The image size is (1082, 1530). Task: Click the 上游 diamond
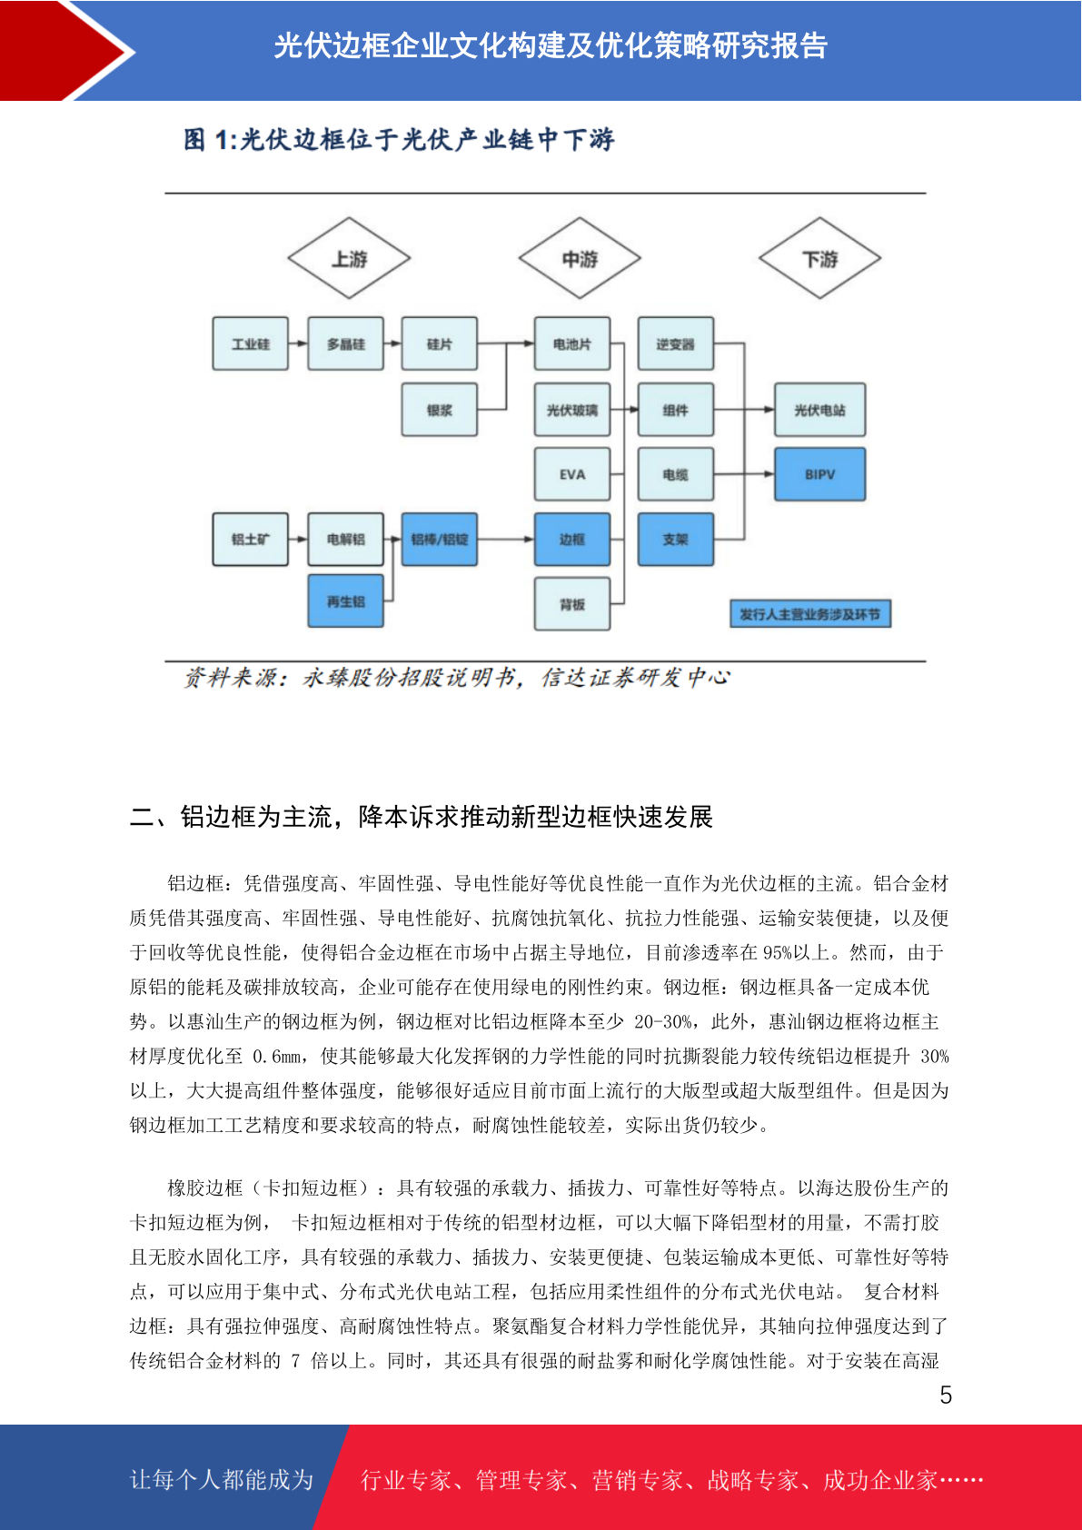pyautogui.click(x=348, y=258)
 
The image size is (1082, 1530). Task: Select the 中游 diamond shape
pyautogui.click(x=580, y=258)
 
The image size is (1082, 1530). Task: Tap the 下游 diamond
pyautogui.click(x=819, y=258)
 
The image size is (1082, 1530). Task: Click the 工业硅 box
pyautogui.click(x=250, y=343)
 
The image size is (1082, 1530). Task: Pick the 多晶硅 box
pyautogui.click(x=345, y=343)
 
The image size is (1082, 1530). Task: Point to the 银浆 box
pyautogui.click(x=439, y=410)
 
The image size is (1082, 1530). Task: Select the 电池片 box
pyautogui.click(x=572, y=343)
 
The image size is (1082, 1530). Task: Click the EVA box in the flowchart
pyautogui.click(x=572, y=474)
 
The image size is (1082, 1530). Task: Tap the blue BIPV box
pyautogui.click(x=819, y=474)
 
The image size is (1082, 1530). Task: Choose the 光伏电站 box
pyautogui.click(x=819, y=410)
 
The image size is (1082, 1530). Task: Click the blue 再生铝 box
pyautogui.click(x=345, y=601)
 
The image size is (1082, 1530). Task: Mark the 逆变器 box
pyautogui.click(x=676, y=343)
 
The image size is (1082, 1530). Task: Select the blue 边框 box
pyautogui.click(x=572, y=539)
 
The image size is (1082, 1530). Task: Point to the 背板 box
pyautogui.click(x=572, y=604)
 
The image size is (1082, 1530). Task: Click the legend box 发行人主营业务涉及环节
pyautogui.click(x=810, y=613)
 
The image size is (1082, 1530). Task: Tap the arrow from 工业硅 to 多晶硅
pyautogui.click(x=298, y=343)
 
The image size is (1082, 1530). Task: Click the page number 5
pyautogui.click(x=946, y=1395)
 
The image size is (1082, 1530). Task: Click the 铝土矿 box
pyautogui.click(x=250, y=539)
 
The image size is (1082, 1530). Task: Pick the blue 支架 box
pyautogui.click(x=676, y=539)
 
